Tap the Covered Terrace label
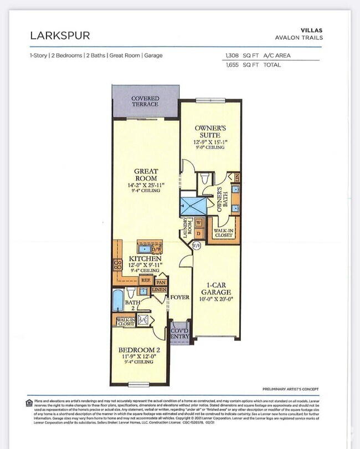coord(145,101)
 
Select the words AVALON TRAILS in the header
coord(300,38)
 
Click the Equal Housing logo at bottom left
coord(29,402)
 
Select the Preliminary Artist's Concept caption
coord(290,389)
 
